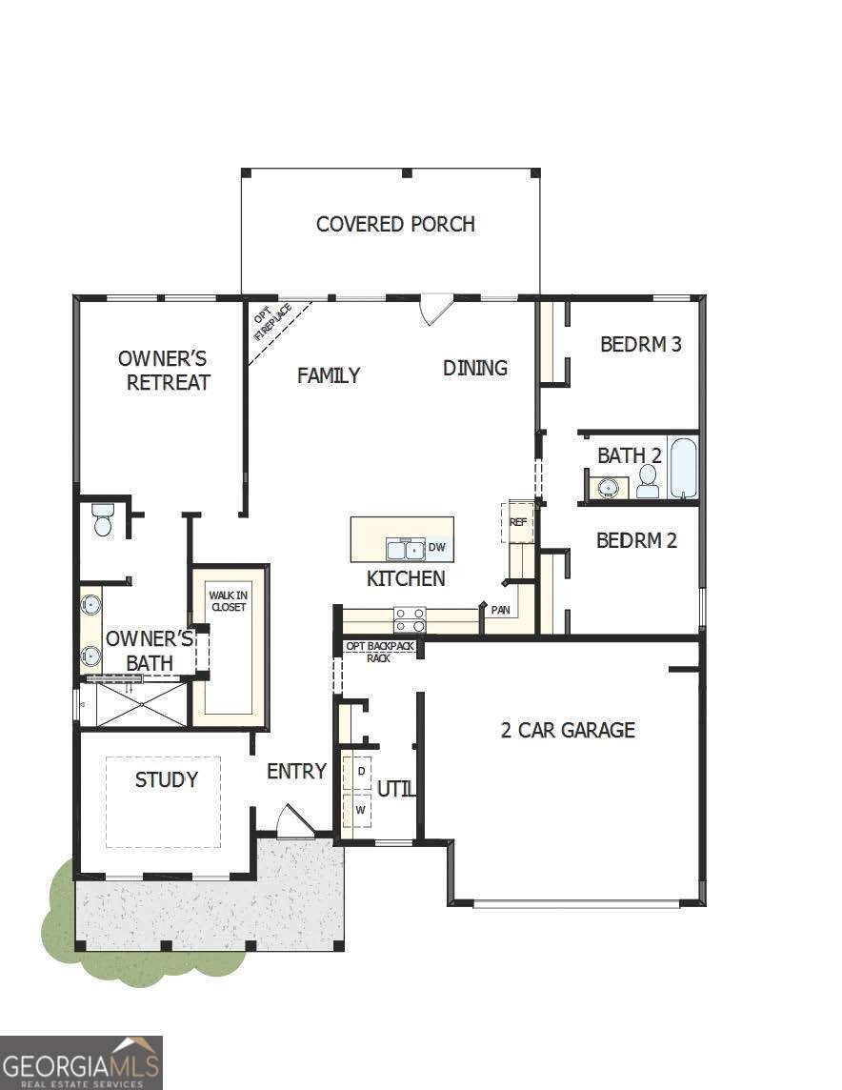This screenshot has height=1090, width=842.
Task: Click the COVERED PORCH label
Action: (395, 224)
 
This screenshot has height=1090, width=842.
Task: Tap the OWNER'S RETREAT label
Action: (163, 371)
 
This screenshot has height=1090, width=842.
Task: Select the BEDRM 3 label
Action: (640, 344)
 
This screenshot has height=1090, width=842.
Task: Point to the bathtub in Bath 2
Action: (683, 467)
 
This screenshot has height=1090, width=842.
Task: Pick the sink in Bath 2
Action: (608, 488)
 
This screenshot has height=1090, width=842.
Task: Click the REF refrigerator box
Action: (518, 522)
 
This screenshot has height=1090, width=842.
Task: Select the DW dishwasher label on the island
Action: (437, 548)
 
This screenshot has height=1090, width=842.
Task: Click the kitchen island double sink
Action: (405, 549)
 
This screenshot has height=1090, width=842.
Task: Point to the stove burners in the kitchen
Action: (410, 620)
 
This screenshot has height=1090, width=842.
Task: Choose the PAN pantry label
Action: (500, 610)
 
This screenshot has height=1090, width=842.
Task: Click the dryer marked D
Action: (361, 770)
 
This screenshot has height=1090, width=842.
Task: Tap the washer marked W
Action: (360, 810)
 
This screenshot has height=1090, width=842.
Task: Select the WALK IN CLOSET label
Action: (229, 601)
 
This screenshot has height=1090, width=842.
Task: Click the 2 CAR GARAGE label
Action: (568, 731)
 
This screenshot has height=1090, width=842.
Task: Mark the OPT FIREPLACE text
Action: (271, 322)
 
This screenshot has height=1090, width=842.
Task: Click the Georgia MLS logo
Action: (81, 1062)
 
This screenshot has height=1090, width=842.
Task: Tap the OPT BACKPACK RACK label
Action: (379, 652)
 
